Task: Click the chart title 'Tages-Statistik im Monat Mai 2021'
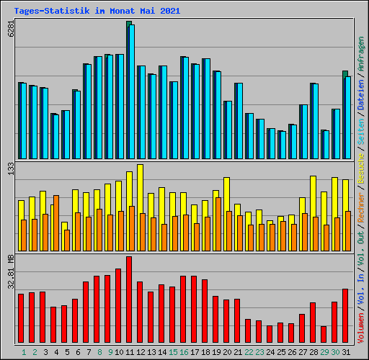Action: pyautogui.click(x=97, y=12)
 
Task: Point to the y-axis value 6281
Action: pyautogui.click(x=11, y=30)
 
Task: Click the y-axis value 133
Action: pyautogui.click(x=11, y=168)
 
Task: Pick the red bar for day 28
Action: pyautogui.click(x=313, y=323)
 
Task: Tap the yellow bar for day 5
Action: pyautogui.click(x=64, y=225)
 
